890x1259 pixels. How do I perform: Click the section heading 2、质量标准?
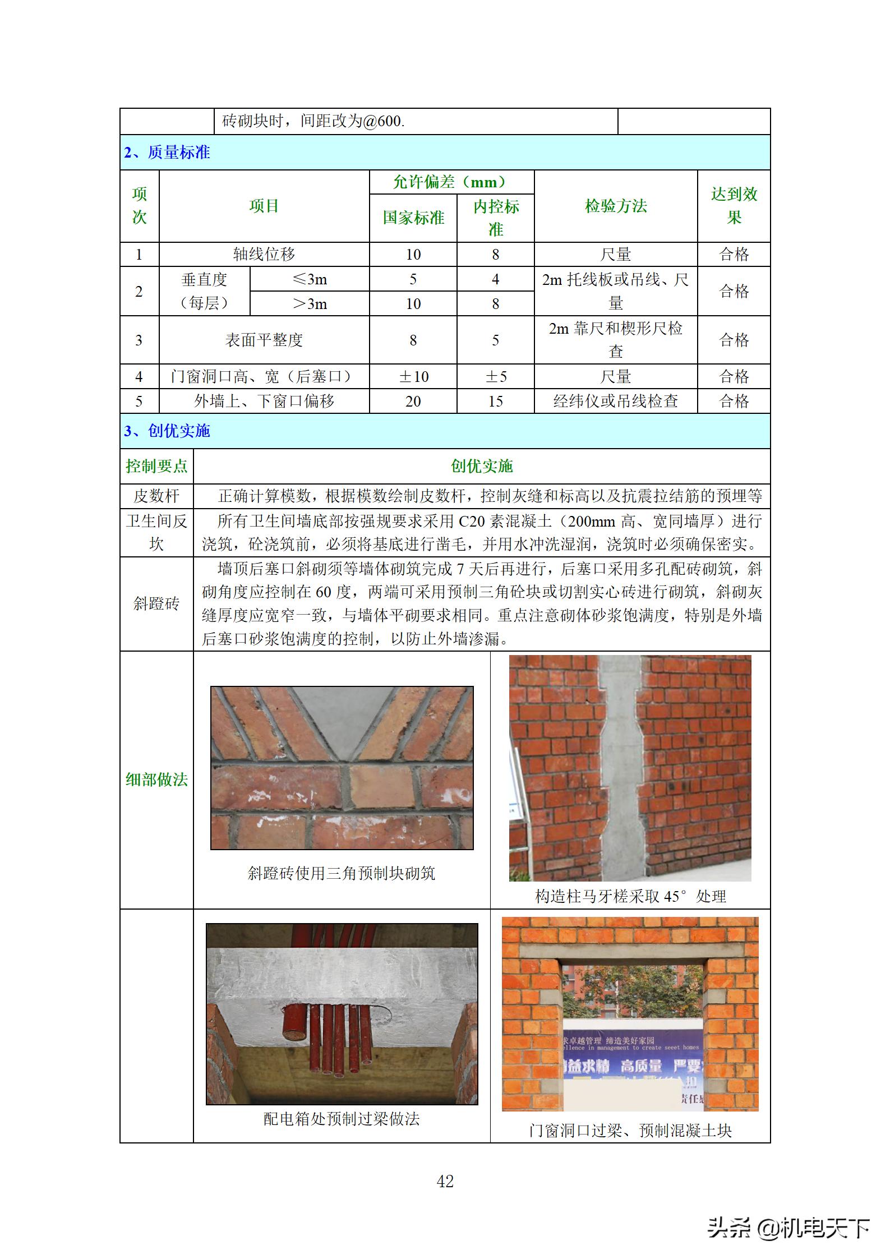167,153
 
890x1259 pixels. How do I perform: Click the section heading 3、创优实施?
167,431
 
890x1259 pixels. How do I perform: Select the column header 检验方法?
615,206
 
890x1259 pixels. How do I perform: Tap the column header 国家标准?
413,218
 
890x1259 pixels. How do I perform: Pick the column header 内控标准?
496,218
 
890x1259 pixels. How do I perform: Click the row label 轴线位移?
264,254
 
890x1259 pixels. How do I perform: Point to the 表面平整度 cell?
264,340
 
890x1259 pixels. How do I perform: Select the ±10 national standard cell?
413,376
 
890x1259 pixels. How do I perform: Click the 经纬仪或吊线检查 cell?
615,401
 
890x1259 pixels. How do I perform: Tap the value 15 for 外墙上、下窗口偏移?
496,401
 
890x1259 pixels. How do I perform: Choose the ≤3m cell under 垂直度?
310,279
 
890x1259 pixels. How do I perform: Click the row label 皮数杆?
156,496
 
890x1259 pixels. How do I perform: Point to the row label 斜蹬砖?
156,603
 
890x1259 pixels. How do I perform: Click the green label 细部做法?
156,780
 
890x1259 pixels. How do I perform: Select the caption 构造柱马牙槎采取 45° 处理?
630,896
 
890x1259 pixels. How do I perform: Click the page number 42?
445,1182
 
